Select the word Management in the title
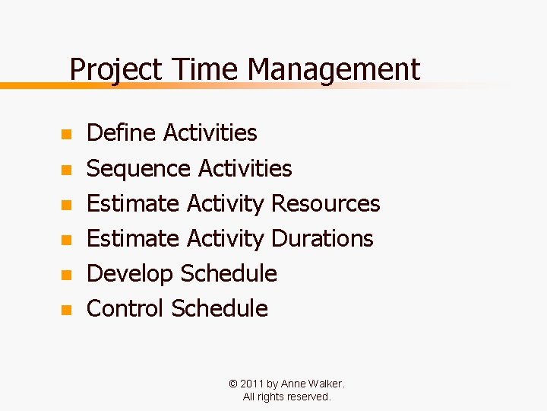point(334,70)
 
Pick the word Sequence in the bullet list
point(139,168)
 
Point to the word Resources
point(325,203)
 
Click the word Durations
point(322,238)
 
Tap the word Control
point(125,308)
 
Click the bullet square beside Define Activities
point(66,135)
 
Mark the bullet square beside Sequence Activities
point(66,170)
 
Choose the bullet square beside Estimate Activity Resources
point(66,205)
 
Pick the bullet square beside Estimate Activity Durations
point(66,240)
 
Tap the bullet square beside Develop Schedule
point(66,275)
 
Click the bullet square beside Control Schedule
point(66,310)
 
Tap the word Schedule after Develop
point(229,273)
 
